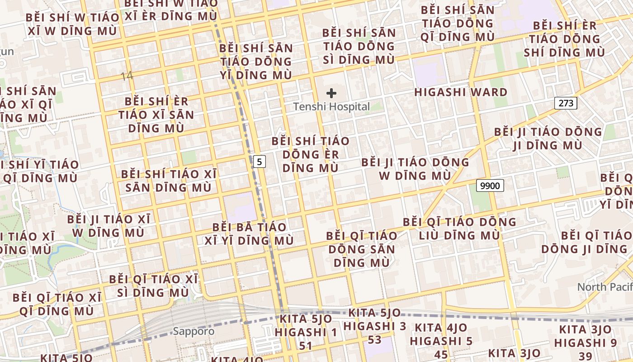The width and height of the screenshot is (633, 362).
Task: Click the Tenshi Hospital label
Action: coord(331,107)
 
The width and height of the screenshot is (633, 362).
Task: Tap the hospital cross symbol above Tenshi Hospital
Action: coord(331,94)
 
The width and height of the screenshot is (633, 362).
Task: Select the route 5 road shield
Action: coord(259,161)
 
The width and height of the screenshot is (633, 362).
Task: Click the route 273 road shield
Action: coord(566,103)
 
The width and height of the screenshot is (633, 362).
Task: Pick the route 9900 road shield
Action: coord(490,185)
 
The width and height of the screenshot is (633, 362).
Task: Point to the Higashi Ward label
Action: coord(461,92)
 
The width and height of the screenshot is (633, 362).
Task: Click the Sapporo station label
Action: coord(194,331)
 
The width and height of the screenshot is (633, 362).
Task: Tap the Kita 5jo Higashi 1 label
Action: coord(306,332)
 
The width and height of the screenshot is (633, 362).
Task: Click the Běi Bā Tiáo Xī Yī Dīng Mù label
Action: coord(249,233)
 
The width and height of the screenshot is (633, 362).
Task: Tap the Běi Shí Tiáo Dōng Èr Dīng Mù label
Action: coord(310,154)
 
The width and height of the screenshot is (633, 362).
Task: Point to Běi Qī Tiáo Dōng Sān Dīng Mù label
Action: coord(361,249)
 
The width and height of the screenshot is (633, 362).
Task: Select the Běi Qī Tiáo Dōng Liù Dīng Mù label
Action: coord(459,229)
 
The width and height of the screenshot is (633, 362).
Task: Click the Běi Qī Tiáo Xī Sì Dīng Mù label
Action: coord(153,286)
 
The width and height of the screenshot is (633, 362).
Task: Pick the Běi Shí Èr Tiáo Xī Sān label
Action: coord(156,114)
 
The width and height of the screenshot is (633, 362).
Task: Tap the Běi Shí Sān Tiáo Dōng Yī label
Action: coord(256,62)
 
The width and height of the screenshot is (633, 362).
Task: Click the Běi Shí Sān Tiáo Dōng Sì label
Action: coord(359,46)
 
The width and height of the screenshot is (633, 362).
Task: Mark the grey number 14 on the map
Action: coord(127,76)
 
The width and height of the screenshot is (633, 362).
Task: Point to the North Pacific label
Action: coord(605,287)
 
